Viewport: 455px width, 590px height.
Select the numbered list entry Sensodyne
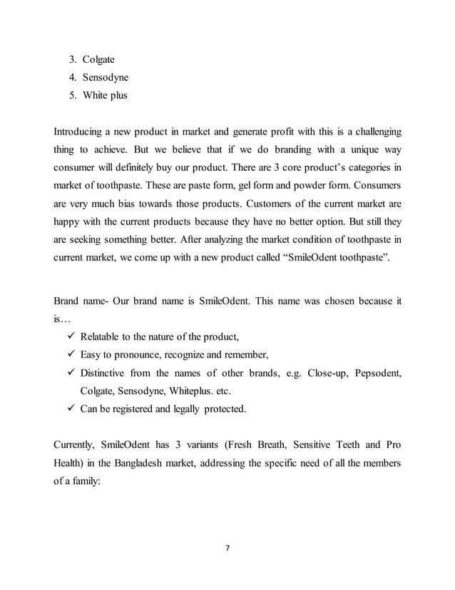(x=98, y=78)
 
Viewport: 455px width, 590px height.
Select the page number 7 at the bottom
(x=227, y=548)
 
